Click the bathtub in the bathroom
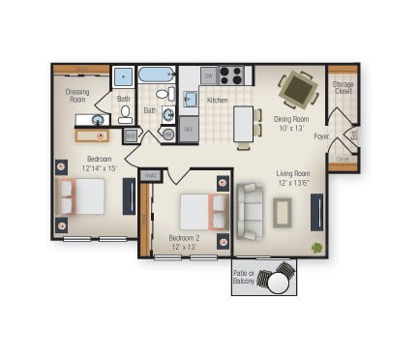coord(155,75)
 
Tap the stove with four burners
coord(230,75)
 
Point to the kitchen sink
coord(189,99)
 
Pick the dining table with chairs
coord(297,89)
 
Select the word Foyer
coord(322,136)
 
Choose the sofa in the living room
coord(248,211)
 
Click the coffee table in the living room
coord(282,211)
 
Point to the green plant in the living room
coord(316,247)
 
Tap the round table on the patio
coord(279,283)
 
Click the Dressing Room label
coord(77,95)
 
